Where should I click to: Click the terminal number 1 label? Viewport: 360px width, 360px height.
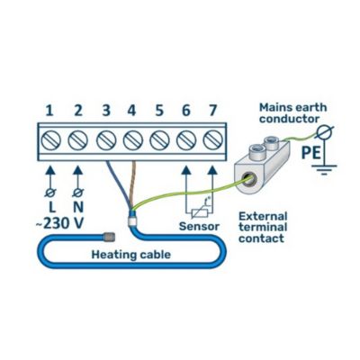(x=49, y=111)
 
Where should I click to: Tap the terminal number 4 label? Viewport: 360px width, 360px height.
(x=131, y=111)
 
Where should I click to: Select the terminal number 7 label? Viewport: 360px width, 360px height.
(x=212, y=111)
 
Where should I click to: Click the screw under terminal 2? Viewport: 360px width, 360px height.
(x=78, y=140)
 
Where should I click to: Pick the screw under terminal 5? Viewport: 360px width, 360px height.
(x=159, y=140)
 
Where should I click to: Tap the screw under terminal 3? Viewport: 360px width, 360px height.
(x=106, y=140)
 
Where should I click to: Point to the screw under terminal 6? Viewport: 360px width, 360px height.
(x=186, y=140)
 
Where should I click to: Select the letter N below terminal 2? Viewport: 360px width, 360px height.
(x=78, y=207)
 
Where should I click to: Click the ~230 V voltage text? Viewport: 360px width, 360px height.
(x=59, y=223)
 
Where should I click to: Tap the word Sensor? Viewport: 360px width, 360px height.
(x=199, y=226)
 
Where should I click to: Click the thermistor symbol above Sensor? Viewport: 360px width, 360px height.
(x=200, y=212)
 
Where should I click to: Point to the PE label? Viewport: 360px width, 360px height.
(x=310, y=152)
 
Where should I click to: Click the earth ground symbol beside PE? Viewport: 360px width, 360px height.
(x=325, y=169)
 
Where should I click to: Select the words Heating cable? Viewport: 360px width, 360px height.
(x=131, y=255)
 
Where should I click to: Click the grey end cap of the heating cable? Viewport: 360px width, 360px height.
(x=110, y=237)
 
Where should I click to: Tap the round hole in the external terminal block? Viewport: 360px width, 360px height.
(x=248, y=179)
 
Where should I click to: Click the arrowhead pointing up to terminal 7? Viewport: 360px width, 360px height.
(x=212, y=170)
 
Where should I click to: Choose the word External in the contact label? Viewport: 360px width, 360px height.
(x=263, y=216)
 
